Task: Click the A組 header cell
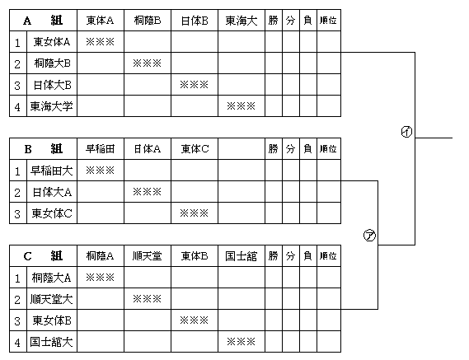pos(43,21)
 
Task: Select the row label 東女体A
pos(52,42)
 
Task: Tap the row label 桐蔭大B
pos(52,63)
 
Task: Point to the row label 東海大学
pos(51,106)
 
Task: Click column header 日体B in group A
pos(195,21)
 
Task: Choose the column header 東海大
pos(241,21)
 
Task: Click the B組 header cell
pos(43,148)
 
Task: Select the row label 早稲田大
pos(51,171)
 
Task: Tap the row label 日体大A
pos(52,192)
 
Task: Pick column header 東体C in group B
pos(195,149)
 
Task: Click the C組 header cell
pos(43,256)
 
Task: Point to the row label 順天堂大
pos(51,299)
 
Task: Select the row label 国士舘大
pos(51,342)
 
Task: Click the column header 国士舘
pos(241,256)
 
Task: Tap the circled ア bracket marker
pos(369,236)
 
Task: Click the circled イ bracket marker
pos(406,132)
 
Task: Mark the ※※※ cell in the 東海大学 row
pos(241,106)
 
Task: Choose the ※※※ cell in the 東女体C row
pos(195,213)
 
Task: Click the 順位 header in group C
pos(328,256)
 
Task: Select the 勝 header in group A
pos(273,21)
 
